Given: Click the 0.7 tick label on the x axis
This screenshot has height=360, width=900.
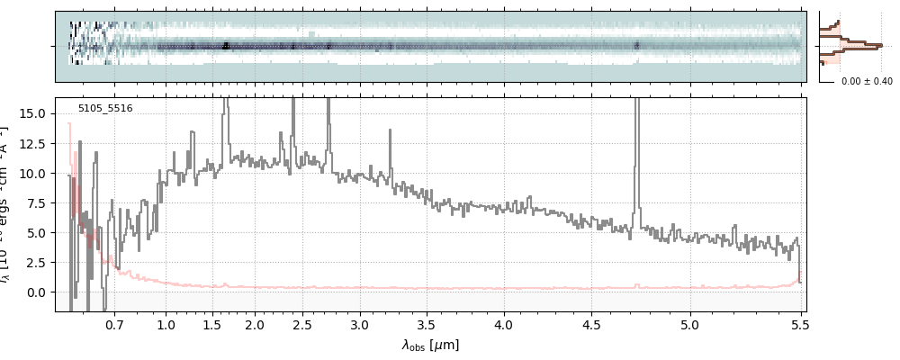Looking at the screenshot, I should pyautogui.click(x=114, y=323).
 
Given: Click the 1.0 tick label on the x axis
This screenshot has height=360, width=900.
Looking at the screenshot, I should pyautogui.click(x=166, y=323).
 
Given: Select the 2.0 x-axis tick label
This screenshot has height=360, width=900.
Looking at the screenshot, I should pyautogui.click(x=255, y=323).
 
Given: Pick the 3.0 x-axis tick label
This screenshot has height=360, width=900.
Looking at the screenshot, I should pyautogui.click(x=360, y=323).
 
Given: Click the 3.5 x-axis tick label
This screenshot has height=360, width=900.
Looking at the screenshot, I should pyautogui.click(x=430, y=323).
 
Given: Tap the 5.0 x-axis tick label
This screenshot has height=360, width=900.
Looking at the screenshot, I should pyautogui.click(x=690, y=323).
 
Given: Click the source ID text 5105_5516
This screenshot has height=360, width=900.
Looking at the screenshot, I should pyautogui.click(x=105, y=109).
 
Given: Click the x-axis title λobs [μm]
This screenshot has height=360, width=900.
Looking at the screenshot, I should pyautogui.click(x=430, y=345).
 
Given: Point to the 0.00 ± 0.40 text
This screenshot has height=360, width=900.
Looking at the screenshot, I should pyautogui.click(x=867, y=82).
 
